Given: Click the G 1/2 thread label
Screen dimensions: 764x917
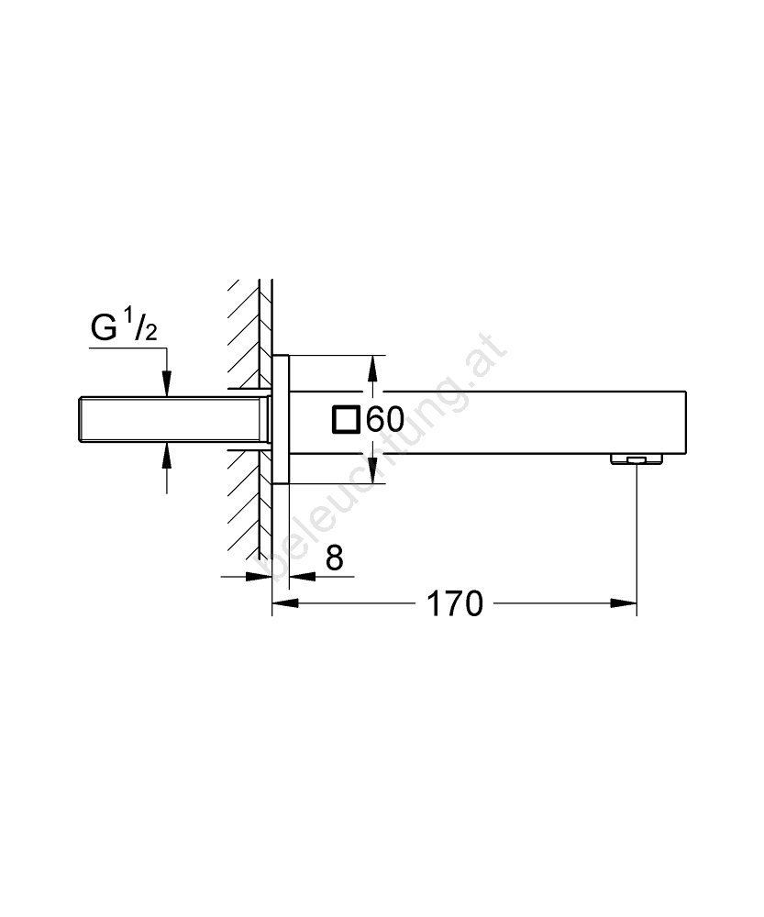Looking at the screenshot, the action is point(124,327).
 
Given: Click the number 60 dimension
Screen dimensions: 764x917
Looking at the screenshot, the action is point(385,419).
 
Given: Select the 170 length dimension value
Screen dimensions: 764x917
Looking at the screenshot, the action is point(455,603).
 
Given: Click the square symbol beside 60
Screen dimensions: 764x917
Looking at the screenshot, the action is point(346,420).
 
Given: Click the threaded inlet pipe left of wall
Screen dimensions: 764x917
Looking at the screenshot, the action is point(173,419).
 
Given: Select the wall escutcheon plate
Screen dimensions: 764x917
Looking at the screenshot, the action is point(281,419).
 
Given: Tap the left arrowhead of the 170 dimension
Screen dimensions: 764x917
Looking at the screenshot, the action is point(285,603).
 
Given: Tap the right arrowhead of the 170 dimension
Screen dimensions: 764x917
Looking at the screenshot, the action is point(624,603).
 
